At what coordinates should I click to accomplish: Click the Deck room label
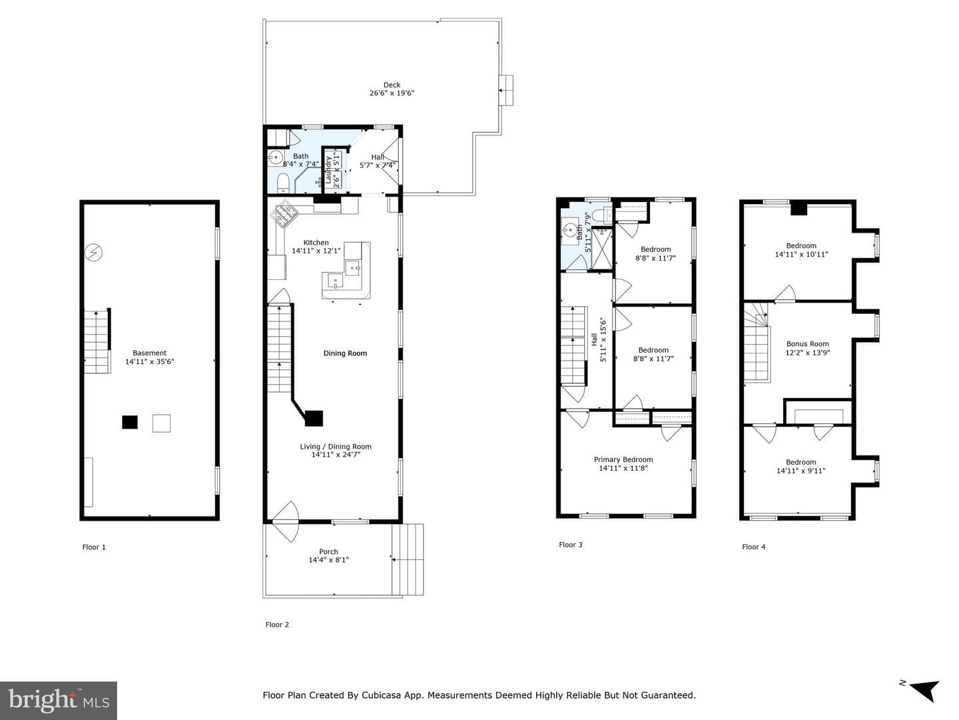click(392, 85)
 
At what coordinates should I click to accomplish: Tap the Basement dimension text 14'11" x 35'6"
click(149, 361)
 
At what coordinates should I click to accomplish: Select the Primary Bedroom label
click(623, 459)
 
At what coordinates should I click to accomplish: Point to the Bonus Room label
click(807, 344)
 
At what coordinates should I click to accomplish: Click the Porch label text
click(328, 552)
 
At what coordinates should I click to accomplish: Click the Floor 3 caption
click(571, 545)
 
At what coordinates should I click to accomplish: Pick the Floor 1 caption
click(94, 547)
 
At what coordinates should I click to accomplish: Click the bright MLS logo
click(59, 700)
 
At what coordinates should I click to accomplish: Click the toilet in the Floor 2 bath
click(283, 183)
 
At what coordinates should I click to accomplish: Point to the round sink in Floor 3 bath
click(570, 229)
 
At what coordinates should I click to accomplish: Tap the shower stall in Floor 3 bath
click(601, 248)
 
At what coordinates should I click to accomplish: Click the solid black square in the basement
click(130, 422)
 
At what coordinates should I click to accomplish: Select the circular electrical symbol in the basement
click(93, 252)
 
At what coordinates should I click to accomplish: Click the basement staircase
click(97, 342)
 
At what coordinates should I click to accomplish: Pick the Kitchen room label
click(316, 243)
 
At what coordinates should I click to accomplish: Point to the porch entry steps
click(408, 559)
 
